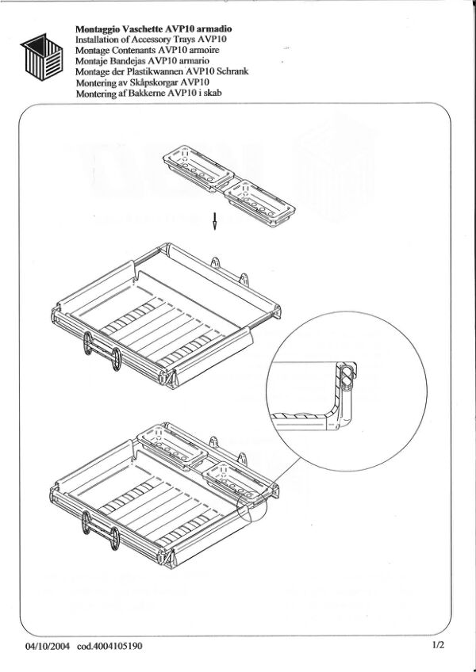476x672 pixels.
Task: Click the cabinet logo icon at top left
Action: point(41,57)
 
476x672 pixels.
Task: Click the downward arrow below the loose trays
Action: point(215,221)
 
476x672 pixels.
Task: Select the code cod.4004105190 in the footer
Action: point(109,646)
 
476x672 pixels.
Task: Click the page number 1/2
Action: point(439,644)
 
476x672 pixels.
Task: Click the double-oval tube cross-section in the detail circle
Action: point(347,377)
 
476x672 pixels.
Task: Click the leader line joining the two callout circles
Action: point(283,475)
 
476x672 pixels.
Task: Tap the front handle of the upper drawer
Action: point(102,350)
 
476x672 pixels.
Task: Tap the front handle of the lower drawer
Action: point(102,531)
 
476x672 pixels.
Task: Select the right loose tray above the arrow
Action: point(259,203)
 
